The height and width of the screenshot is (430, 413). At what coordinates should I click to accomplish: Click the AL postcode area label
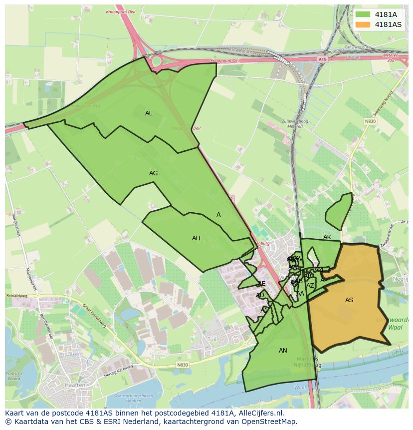coord(149,113)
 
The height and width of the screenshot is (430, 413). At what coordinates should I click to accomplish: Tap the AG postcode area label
coord(153,173)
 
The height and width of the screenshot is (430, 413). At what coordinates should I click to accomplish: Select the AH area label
coord(196,238)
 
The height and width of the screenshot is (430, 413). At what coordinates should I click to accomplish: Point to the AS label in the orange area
coord(349,300)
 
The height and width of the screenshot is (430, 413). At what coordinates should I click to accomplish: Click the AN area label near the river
coord(283,351)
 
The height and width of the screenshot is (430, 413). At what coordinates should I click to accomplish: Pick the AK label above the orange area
coord(327,237)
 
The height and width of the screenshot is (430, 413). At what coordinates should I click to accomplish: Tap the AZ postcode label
coord(310,286)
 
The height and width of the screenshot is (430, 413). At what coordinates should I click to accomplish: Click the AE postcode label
coord(262,284)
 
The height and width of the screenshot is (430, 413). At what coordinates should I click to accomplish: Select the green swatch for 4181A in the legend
coord(363,14)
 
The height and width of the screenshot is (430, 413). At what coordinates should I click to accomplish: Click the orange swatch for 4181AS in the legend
coord(363,24)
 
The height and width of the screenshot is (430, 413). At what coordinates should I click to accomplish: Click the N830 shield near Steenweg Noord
coord(370,121)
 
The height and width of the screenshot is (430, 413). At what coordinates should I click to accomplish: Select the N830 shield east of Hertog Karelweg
coord(183,365)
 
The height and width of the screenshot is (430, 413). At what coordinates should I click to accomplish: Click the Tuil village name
coord(212,339)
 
